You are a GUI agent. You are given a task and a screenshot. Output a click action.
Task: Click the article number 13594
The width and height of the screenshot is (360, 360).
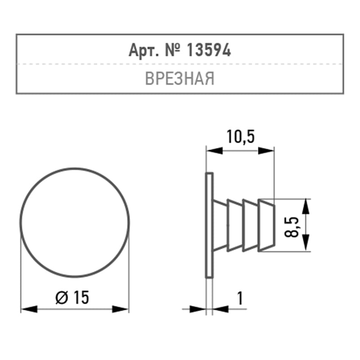tap(208, 50)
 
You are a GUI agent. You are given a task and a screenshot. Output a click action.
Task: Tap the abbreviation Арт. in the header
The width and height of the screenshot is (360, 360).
tap(144, 50)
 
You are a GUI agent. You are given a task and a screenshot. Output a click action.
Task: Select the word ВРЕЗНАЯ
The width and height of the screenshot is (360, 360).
tap(180, 78)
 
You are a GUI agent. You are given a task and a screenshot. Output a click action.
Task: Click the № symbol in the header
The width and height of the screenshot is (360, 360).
tap(172, 50)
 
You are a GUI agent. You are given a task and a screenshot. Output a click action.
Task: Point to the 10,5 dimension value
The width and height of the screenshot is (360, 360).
tap(241, 137)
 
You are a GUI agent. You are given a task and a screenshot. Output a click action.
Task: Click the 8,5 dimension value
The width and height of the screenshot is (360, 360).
tap(292, 227)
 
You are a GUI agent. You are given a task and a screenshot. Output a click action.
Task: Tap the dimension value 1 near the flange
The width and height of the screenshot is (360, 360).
tap(240, 298)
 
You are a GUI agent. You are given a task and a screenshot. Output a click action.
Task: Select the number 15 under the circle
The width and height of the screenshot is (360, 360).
tap(81, 297)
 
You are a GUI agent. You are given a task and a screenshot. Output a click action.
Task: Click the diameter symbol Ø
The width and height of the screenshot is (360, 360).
tap(62, 297)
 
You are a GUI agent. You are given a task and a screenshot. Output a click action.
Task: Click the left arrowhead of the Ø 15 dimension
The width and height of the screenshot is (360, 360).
tap(29, 309)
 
